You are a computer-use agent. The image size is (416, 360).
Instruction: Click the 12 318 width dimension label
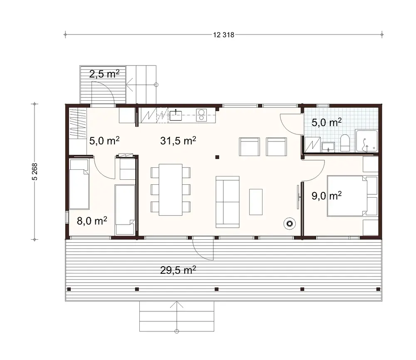click(224, 35)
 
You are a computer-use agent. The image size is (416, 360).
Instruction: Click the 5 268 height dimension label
click(35, 171)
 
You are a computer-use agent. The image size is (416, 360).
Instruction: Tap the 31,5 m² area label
click(178, 141)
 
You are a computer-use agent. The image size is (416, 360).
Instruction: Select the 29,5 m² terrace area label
click(178, 270)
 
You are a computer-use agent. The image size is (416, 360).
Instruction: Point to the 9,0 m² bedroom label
click(327, 196)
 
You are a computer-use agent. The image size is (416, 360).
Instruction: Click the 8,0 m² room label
click(92, 220)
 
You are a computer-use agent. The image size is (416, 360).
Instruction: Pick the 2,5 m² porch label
click(104, 74)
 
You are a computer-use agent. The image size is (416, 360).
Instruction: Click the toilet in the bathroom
click(345, 143)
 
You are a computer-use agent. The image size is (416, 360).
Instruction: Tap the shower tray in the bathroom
click(366, 141)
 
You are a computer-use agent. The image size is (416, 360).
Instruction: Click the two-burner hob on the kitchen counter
click(201, 114)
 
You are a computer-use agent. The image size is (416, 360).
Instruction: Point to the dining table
click(170, 189)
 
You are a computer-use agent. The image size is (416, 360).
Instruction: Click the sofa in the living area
click(227, 201)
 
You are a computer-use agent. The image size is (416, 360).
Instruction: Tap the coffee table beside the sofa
click(255, 202)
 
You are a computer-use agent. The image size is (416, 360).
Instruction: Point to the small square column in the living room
click(217, 157)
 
